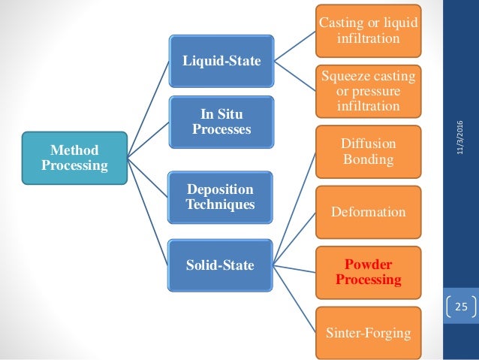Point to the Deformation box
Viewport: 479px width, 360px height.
click(x=368, y=212)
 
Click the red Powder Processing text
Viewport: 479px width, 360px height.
click(x=368, y=272)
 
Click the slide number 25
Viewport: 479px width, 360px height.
click(x=459, y=306)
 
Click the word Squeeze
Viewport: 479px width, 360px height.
click(x=342, y=76)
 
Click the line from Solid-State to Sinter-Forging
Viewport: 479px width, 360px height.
click(x=297, y=297)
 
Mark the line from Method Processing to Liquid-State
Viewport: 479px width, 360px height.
click(x=146, y=108)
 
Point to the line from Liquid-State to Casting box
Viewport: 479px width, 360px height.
click(x=294, y=46)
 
